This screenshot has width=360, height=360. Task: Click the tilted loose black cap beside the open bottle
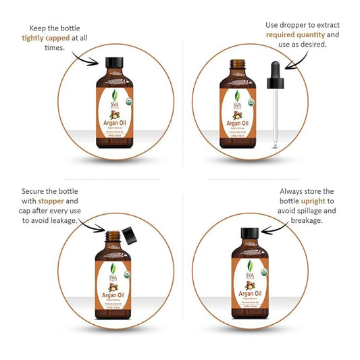pos(128,236)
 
